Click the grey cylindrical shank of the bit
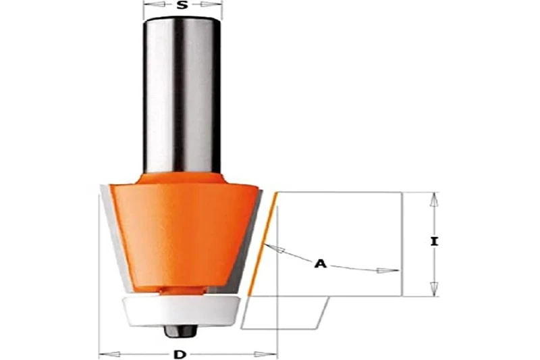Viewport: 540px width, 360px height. pos(182,95)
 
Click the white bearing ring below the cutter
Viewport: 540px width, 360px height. pos(182,310)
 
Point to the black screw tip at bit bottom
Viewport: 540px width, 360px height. pos(182,330)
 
